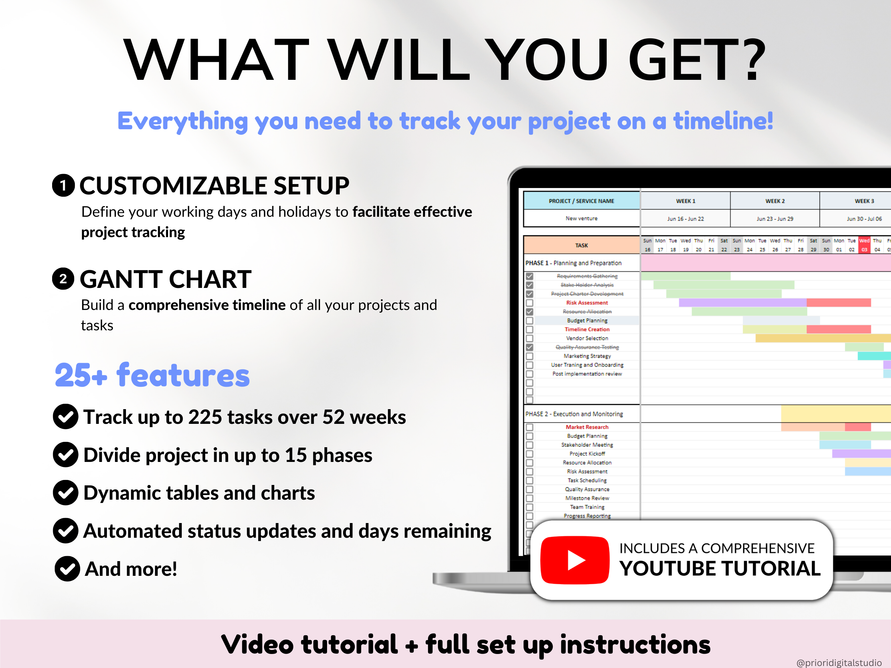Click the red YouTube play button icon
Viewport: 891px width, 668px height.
pyautogui.click(x=575, y=560)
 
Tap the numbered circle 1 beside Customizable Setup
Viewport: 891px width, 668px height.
pyautogui.click(x=63, y=186)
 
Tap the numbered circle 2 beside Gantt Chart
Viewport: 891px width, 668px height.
pyautogui.click(x=63, y=279)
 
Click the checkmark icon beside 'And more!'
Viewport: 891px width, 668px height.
pyautogui.click(x=67, y=568)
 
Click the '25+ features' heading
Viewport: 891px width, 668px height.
pyautogui.click(x=152, y=375)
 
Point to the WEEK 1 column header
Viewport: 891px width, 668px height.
pyautogui.click(x=685, y=201)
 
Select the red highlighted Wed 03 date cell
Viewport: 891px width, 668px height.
pyautogui.click(x=864, y=245)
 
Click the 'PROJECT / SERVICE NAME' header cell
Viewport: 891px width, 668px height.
pyautogui.click(x=581, y=201)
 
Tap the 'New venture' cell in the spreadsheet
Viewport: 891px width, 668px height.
pyautogui.click(x=581, y=218)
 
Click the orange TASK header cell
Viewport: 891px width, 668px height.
pyautogui.click(x=581, y=245)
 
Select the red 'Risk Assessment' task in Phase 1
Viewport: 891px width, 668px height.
pyautogui.click(x=587, y=303)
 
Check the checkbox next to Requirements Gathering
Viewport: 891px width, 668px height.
pyautogui.click(x=529, y=276)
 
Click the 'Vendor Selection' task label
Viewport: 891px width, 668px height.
pyautogui.click(x=587, y=338)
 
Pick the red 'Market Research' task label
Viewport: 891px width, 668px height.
pyautogui.click(x=587, y=427)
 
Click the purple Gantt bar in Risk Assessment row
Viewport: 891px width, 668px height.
pyautogui.click(x=742, y=303)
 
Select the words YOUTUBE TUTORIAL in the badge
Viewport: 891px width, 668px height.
pyautogui.click(x=720, y=568)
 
